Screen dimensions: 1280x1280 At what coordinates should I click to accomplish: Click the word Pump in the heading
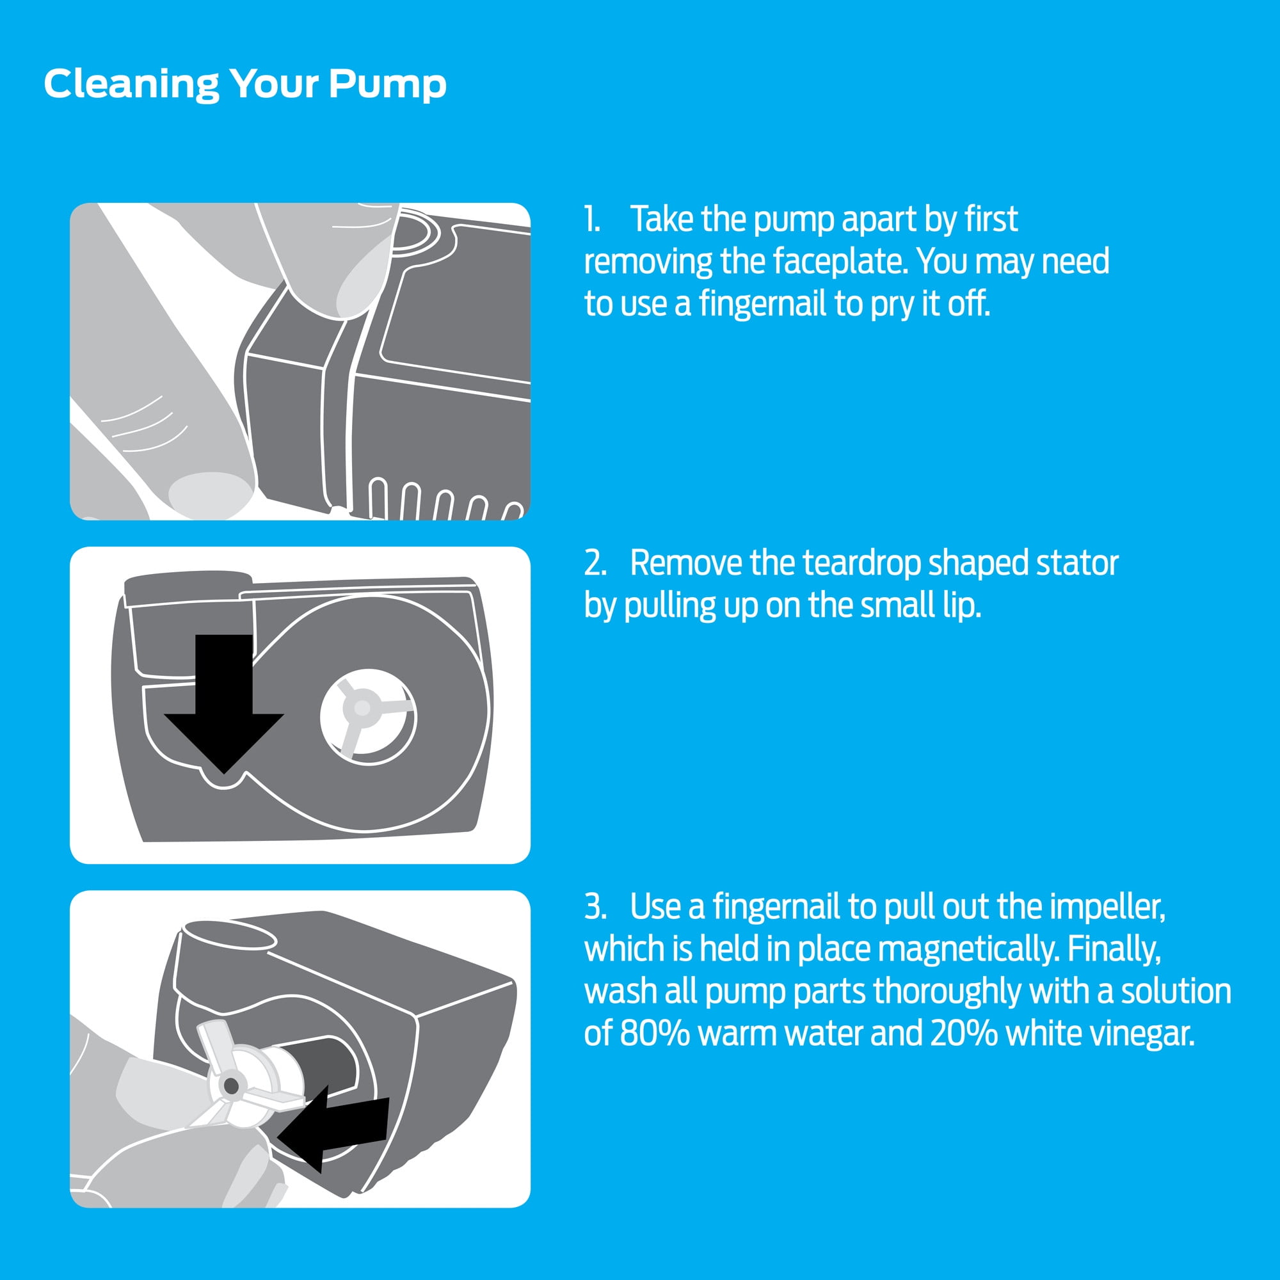pos(388,86)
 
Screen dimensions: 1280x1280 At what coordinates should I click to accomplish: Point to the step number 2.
pos(595,564)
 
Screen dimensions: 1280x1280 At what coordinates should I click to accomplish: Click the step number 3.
pos(595,907)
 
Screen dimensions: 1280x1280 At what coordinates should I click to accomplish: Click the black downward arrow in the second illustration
pos(224,703)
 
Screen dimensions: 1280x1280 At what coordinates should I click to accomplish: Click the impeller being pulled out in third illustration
pos(245,1079)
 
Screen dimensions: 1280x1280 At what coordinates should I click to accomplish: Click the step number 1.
pos(592,220)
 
